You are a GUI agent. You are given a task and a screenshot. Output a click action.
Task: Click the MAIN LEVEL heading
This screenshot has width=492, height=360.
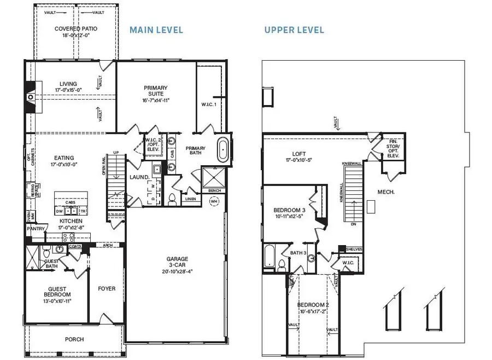(156, 30)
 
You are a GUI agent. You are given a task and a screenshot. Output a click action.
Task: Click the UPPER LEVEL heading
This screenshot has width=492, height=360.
(294, 30)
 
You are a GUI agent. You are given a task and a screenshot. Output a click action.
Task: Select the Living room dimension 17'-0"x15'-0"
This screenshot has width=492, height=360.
(68, 90)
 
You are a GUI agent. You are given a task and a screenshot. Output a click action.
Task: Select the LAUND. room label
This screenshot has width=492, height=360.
(139, 177)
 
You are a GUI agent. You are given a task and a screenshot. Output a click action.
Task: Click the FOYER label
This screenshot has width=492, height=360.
(107, 288)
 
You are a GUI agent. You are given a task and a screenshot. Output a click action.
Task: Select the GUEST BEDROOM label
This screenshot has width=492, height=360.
(57, 294)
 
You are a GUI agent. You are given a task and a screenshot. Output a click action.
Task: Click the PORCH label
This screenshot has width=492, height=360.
(74, 339)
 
